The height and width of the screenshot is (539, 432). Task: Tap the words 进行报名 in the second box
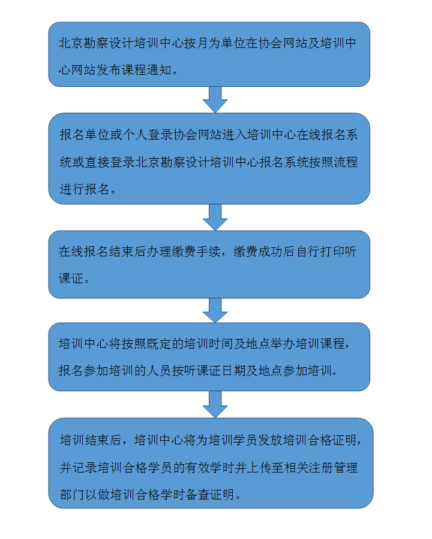click(84, 189)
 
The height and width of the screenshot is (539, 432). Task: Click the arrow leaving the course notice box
click(215, 99)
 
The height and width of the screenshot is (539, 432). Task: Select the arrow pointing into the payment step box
click(215, 217)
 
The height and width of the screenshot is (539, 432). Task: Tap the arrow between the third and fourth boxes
click(215, 310)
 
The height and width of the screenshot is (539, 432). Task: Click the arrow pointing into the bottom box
click(215, 404)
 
